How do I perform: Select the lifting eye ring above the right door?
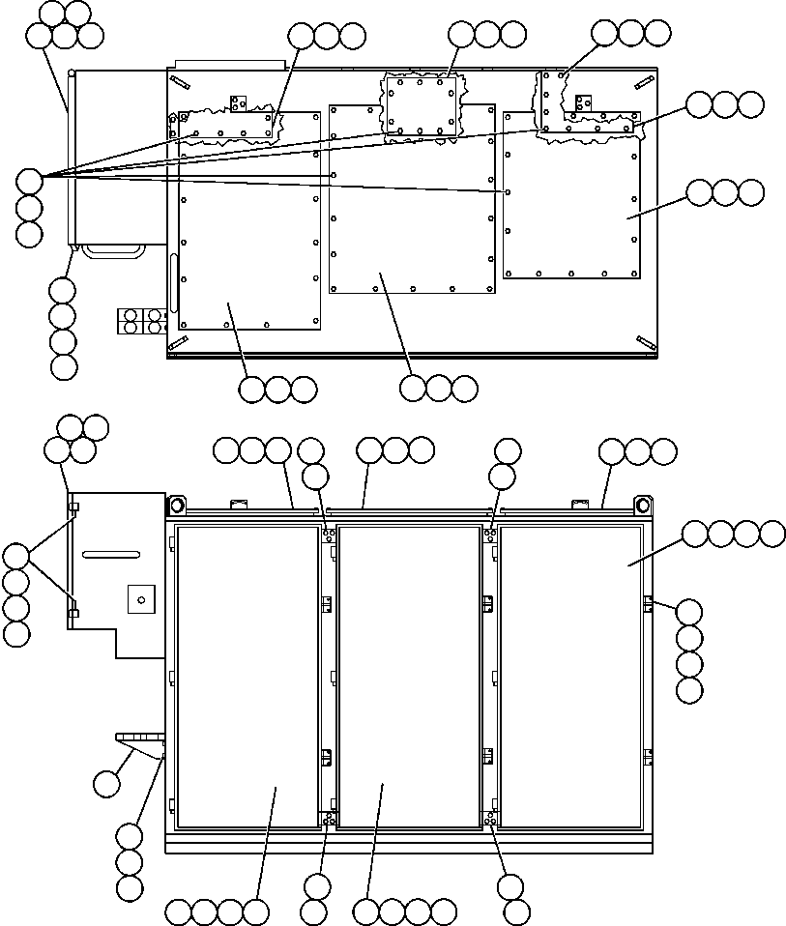[x=642, y=506]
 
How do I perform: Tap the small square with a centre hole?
[x=141, y=599]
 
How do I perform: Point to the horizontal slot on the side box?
[x=111, y=554]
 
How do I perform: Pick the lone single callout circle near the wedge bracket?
[x=107, y=784]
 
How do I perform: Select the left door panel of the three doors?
[x=247, y=677]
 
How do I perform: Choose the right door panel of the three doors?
[x=570, y=677]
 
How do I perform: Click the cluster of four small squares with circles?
[x=141, y=322]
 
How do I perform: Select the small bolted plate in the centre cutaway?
[x=420, y=105]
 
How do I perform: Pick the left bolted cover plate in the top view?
[x=249, y=220]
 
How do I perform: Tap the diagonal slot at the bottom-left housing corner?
[x=179, y=342]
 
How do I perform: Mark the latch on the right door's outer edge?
[x=649, y=603]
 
